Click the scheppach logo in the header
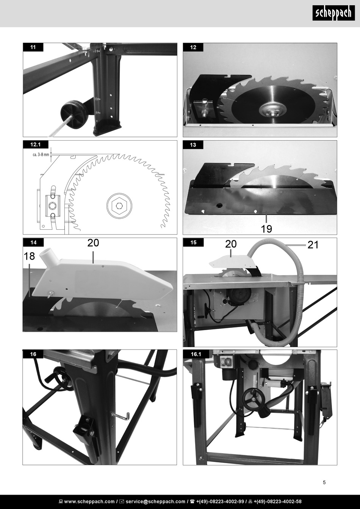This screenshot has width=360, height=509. point(333,13)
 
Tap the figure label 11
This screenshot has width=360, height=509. point(33,47)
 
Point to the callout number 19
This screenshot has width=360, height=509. point(266,229)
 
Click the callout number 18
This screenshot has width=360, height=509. point(29,256)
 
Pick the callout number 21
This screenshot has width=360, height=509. point(313,245)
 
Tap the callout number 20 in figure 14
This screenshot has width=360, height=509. point(93,243)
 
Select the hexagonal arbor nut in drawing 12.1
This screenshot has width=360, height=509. point(119,205)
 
